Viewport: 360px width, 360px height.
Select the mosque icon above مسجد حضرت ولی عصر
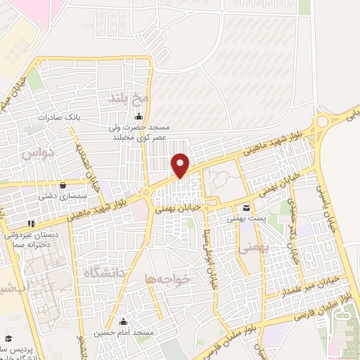point(139,117)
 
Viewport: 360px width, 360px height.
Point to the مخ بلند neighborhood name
point(122,96)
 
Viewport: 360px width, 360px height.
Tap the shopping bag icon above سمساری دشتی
point(64,186)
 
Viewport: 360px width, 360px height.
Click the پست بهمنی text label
point(245,219)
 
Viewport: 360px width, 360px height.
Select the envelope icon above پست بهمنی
point(245,207)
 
